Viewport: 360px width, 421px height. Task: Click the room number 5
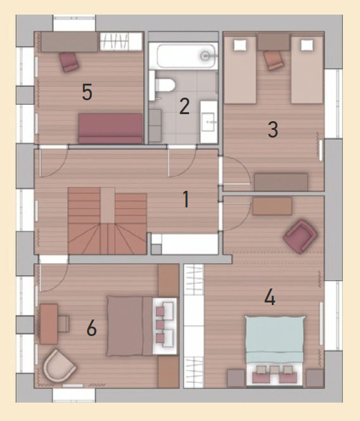87,92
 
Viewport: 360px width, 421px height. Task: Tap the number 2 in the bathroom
184,107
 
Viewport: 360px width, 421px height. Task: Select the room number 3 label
273,129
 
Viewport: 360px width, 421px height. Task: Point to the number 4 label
270,297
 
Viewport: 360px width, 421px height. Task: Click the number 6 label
91,328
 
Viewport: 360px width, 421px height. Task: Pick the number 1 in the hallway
186,199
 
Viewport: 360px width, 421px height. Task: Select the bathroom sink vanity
209,122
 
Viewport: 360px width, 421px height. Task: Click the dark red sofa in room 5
110,129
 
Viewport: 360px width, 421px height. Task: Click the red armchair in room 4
300,236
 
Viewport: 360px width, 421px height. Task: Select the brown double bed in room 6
130,326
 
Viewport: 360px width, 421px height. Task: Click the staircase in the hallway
107,221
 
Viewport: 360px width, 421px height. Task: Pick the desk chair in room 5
69,62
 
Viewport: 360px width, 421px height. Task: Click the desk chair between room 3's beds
274,60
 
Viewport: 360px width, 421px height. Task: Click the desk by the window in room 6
49,324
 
